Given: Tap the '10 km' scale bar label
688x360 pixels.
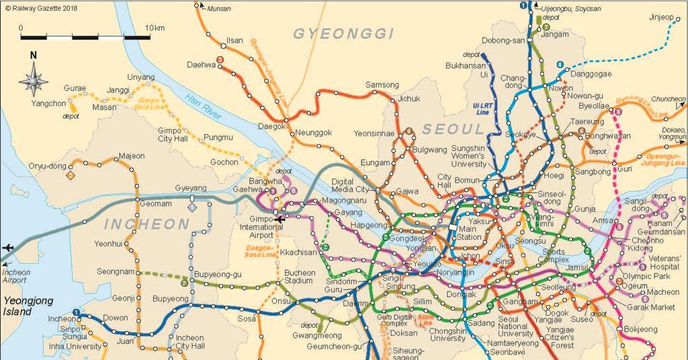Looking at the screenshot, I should (154, 28).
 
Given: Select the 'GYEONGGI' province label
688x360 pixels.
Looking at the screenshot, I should (343, 34).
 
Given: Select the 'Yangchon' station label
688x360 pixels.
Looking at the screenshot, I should (48, 104).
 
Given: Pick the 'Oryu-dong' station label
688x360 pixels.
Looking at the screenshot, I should (48, 165).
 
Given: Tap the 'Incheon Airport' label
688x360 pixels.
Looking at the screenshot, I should (15, 275).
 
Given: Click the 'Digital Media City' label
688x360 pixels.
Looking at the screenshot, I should (351, 185).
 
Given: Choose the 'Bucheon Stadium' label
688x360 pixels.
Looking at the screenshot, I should (300, 277).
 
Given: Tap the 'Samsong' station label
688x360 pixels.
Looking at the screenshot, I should (382, 85).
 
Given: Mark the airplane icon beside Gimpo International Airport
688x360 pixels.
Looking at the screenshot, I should (279, 219).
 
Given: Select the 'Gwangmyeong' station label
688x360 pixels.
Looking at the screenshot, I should (316, 335).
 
